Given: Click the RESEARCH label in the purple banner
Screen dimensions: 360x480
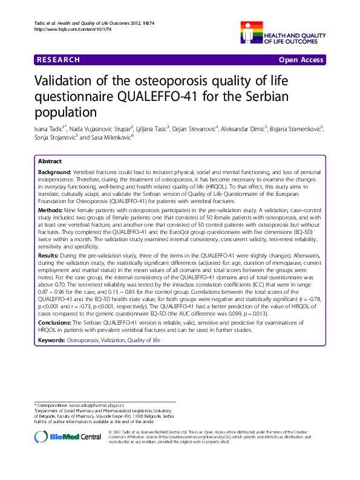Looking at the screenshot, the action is click(x=58, y=60).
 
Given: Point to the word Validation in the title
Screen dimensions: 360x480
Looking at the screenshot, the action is click(x=65, y=82).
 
